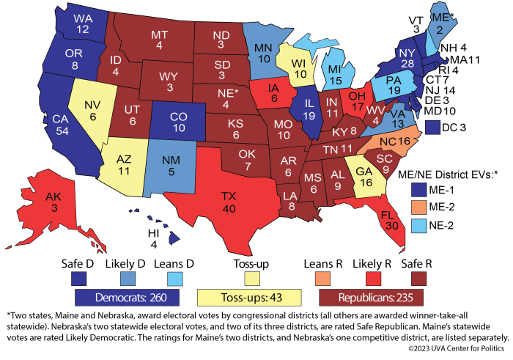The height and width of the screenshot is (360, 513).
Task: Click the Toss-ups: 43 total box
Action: [249, 297]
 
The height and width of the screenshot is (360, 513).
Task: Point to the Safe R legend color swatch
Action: [421, 276]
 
